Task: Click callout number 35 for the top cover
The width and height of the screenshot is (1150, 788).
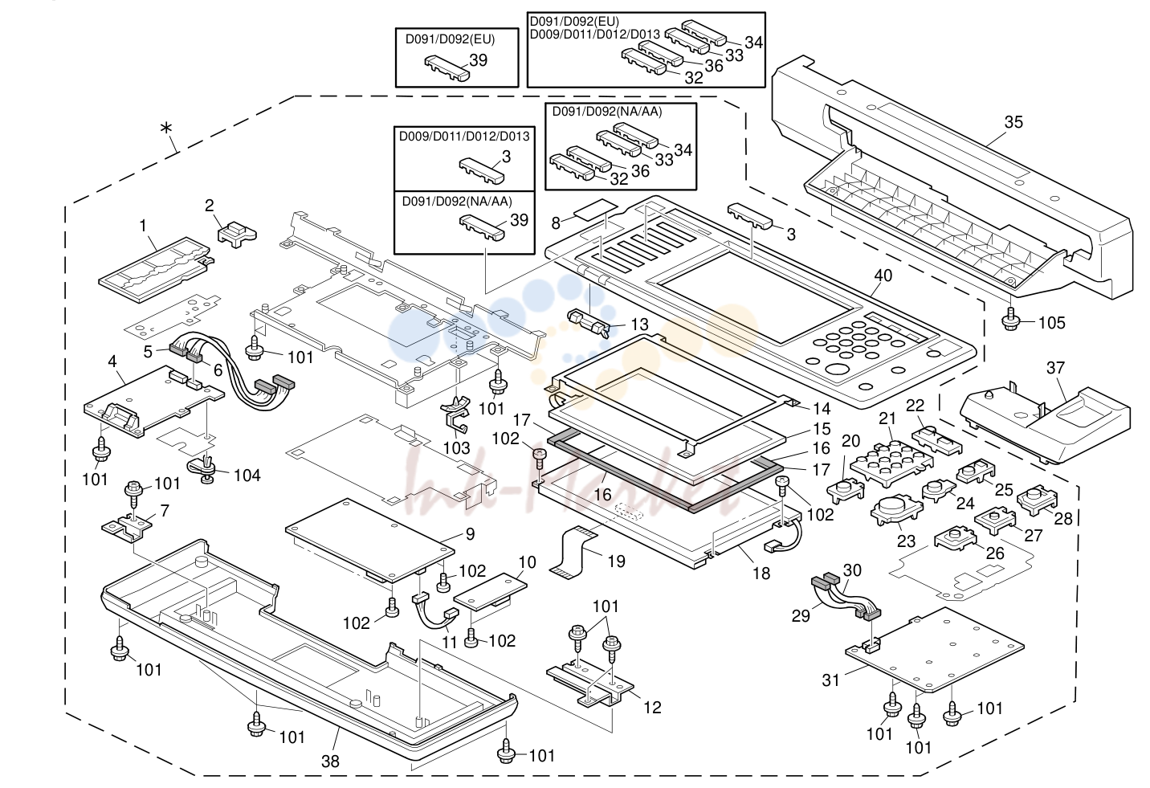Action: pyautogui.click(x=1013, y=122)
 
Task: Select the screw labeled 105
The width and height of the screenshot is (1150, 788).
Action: pyautogui.click(x=1010, y=319)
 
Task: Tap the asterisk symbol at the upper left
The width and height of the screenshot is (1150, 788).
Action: pyautogui.click(x=165, y=128)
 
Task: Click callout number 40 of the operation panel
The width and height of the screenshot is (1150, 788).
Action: pyautogui.click(x=883, y=276)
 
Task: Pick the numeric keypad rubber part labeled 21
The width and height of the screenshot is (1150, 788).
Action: pyautogui.click(x=891, y=463)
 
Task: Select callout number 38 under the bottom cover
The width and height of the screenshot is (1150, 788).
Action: pyautogui.click(x=330, y=761)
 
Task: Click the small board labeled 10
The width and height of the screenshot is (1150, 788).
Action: pyautogui.click(x=491, y=592)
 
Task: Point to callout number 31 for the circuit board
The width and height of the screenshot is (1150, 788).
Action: pyautogui.click(x=830, y=680)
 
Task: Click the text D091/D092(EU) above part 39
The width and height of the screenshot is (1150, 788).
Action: pyautogui.click(x=451, y=39)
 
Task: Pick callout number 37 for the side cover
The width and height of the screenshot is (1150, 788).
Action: pyautogui.click(x=1055, y=368)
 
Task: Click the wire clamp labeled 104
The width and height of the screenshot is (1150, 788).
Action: pyautogui.click(x=204, y=468)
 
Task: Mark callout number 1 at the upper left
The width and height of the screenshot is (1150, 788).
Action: pyautogui.click(x=143, y=226)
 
